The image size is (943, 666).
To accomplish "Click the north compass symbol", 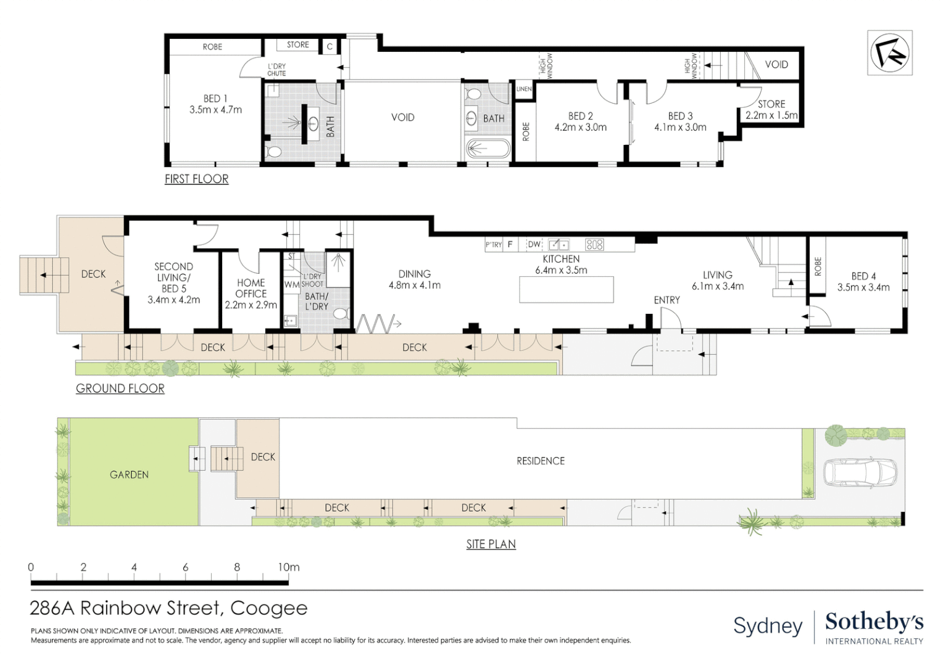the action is (889, 53).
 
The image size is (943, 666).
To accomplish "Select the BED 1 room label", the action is (215, 99).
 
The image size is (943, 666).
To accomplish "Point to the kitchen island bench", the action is (566, 289).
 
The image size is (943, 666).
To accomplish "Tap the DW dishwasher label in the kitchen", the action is (534, 244).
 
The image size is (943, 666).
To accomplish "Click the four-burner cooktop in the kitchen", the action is (594, 244).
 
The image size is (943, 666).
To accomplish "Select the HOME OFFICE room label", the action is (251, 288).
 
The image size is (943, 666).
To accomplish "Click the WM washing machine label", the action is (291, 284).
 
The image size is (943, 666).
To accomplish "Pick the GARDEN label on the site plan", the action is (129, 475).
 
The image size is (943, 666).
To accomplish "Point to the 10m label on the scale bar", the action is (289, 567).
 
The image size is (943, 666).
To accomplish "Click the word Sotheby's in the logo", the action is (874, 622).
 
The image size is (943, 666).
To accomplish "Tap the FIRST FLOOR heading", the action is (197, 179).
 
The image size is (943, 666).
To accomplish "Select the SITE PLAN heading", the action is (491, 544).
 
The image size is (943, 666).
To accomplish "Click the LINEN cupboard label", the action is (524, 89).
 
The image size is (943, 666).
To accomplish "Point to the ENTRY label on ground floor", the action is (667, 300).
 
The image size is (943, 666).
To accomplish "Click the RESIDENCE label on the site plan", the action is (541, 461).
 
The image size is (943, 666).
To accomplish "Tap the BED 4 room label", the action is (863, 276).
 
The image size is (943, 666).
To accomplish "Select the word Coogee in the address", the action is (269, 609).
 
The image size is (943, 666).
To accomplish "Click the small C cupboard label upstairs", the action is (330, 47).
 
